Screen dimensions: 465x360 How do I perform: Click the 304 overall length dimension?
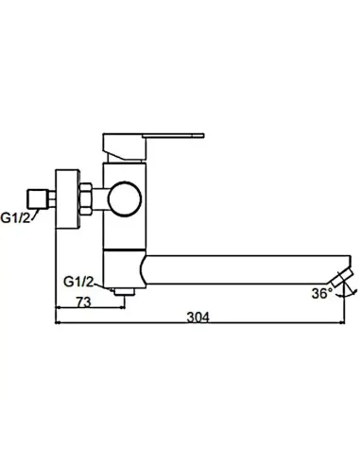click(197, 319)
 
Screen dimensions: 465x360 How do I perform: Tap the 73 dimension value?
click(82, 302)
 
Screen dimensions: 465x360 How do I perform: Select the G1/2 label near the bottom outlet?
click(77, 281)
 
